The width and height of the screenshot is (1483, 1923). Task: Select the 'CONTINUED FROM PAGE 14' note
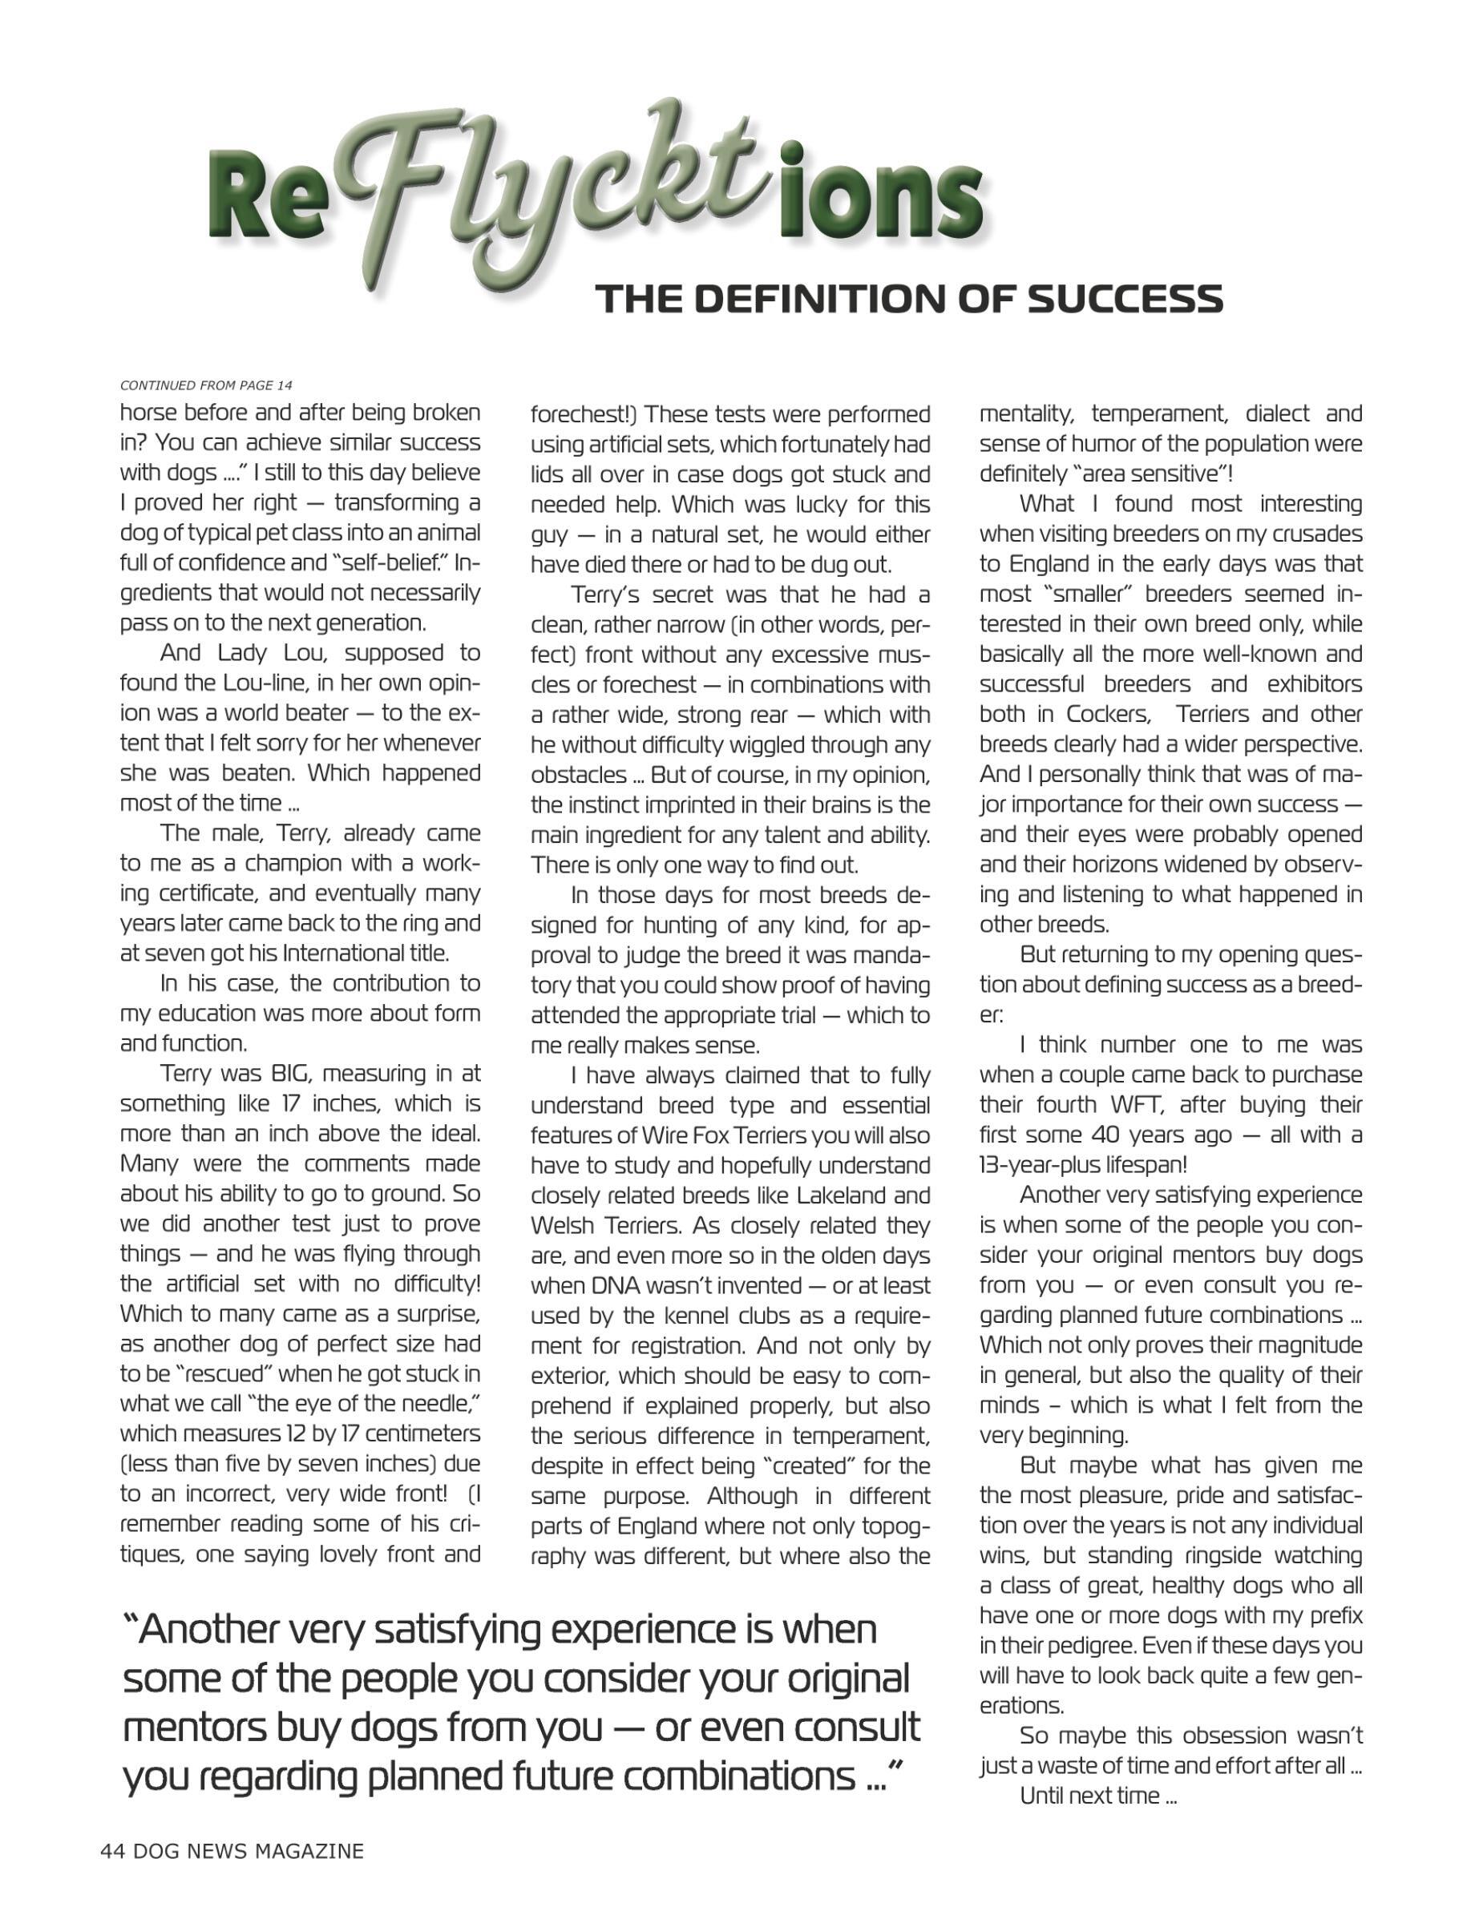(x=206, y=385)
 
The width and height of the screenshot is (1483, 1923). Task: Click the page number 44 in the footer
(x=113, y=1851)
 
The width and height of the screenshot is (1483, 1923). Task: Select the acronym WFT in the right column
(x=1129, y=1104)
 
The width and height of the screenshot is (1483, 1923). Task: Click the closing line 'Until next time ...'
(x=1098, y=1796)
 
